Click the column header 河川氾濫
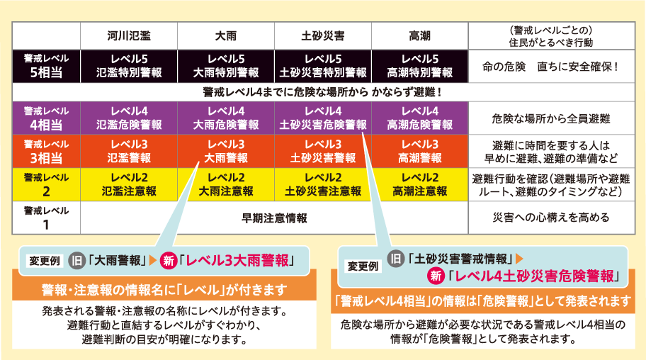129,36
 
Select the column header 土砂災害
322,36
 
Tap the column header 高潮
419,36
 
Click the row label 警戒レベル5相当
46,66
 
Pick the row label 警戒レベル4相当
46,118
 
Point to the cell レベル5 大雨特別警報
226,66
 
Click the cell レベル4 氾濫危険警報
129,118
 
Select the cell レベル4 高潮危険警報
419,118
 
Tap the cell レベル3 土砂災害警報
322,152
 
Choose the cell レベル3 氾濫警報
129,152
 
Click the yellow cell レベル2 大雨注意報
226,184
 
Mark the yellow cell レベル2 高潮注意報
419,184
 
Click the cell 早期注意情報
274,218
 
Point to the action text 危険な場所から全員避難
551,119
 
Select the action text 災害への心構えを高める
551,218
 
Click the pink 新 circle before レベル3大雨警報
169,261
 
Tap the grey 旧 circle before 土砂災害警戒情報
395,259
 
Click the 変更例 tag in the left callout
45,261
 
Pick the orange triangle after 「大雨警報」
152,260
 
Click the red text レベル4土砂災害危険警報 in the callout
534,276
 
